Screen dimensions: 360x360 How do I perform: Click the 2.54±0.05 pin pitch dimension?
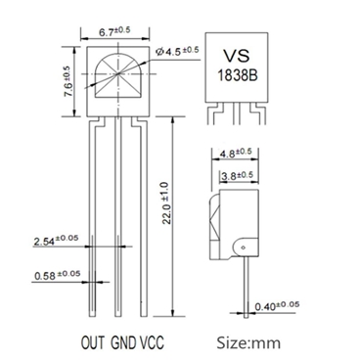pyautogui.click(x=55, y=239)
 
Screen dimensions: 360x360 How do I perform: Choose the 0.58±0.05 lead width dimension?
pyautogui.click(x=55, y=276)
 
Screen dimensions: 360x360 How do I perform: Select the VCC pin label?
pyautogui.click(x=153, y=342)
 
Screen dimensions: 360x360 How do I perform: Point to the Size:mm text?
pyautogui.click(x=248, y=342)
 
